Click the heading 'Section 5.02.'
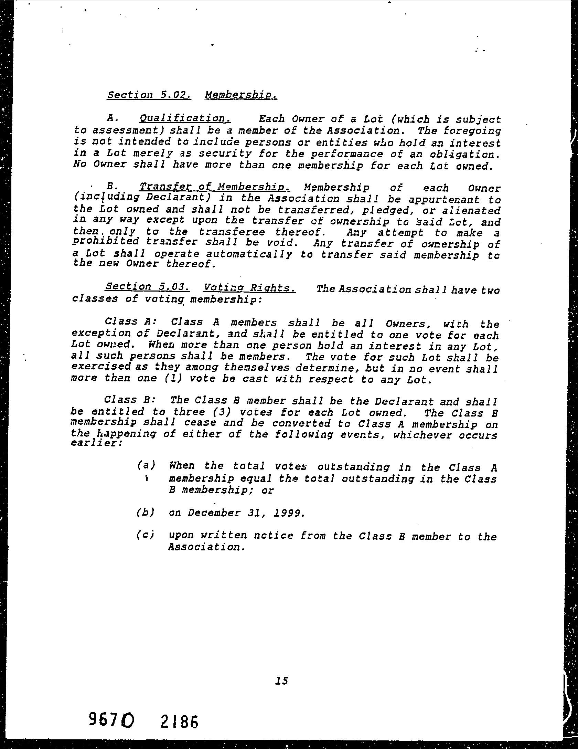[x=149, y=95]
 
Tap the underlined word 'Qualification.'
[x=185, y=119]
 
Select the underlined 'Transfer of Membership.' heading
[x=215, y=187]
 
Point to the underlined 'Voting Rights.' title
[x=249, y=287]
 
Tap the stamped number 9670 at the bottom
[x=111, y=719]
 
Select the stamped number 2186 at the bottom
[x=179, y=721]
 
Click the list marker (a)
[x=146, y=466]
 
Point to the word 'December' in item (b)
[x=214, y=513]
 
